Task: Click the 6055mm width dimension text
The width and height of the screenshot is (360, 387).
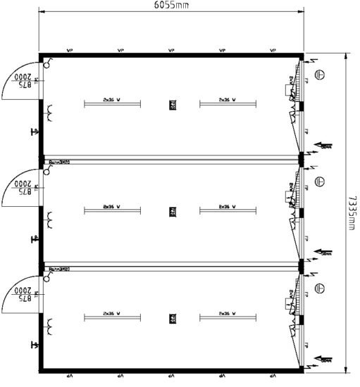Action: (x=171, y=5)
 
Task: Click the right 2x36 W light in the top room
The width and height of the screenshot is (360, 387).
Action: (x=227, y=103)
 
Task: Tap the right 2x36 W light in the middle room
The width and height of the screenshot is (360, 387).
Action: (x=227, y=210)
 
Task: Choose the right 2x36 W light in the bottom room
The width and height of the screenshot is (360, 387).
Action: (x=227, y=317)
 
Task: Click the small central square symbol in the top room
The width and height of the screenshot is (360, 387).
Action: (x=171, y=105)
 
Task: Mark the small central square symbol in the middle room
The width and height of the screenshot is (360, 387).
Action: (x=171, y=212)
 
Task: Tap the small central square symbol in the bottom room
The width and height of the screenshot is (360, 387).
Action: (x=171, y=319)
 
